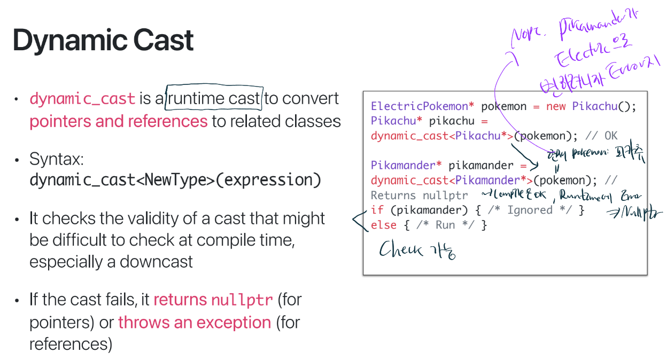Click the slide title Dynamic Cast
click(x=103, y=40)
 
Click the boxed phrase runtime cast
click(x=215, y=98)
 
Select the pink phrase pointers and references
click(x=118, y=121)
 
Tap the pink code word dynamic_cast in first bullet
click(x=82, y=99)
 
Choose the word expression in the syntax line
click(x=268, y=180)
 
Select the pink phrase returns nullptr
click(x=213, y=300)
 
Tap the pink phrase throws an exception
click(x=195, y=323)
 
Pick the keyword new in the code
click(x=556, y=106)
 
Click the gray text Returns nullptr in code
click(x=419, y=195)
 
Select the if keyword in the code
click(x=377, y=210)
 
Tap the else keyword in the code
click(x=383, y=225)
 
